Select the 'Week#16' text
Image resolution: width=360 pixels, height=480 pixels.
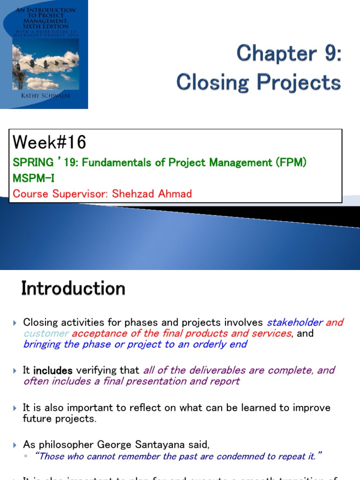pos(49,142)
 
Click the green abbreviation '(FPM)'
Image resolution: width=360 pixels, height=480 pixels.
pos(292,163)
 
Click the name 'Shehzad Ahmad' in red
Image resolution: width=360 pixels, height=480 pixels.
pos(152,194)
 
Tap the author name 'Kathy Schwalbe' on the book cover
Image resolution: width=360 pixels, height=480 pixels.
pos(45,96)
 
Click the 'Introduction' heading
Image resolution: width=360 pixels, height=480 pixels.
pos(73,288)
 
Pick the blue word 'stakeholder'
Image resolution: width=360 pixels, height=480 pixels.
pos(295,322)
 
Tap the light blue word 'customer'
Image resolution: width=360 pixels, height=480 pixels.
pos(46,334)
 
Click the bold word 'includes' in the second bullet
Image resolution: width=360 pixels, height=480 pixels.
pos(53,370)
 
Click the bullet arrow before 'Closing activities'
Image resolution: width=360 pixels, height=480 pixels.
pos(15,323)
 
